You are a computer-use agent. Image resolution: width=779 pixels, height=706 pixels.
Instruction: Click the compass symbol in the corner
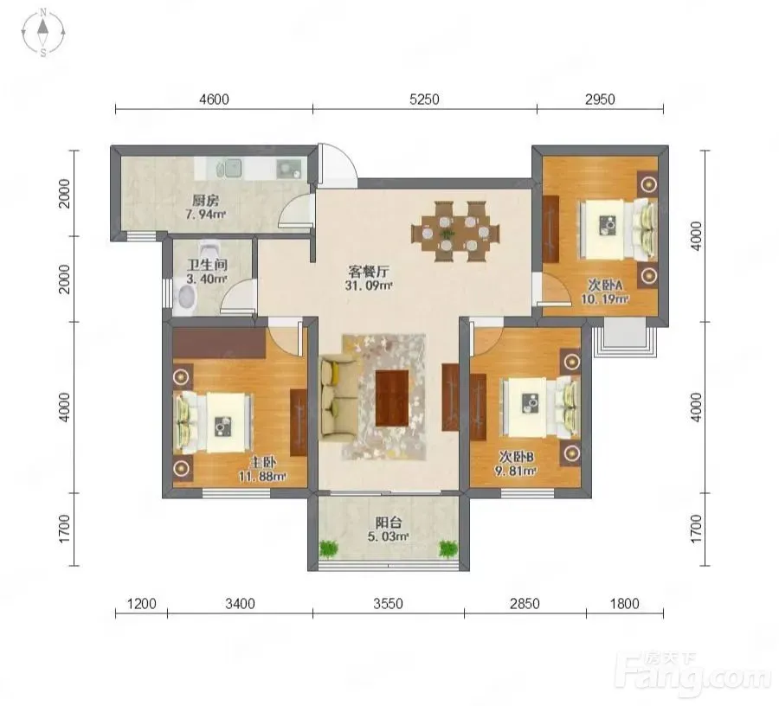click(x=43, y=32)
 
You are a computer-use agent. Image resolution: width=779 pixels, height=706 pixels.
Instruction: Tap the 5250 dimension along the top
click(x=424, y=99)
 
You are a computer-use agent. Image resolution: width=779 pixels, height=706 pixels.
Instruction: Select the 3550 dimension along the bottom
click(x=388, y=604)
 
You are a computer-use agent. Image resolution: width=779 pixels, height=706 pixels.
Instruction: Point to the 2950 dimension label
click(x=600, y=99)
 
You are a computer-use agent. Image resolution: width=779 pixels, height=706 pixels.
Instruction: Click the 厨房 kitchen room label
click(x=206, y=201)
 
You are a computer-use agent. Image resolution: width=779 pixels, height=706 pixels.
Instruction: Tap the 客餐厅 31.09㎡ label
click(x=369, y=279)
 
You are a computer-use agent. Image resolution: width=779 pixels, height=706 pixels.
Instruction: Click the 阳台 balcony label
click(x=389, y=523)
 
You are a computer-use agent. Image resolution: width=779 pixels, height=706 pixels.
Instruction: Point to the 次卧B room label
click(x=516, y=456)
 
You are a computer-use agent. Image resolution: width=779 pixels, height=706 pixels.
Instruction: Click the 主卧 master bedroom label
click(x=262, y=462)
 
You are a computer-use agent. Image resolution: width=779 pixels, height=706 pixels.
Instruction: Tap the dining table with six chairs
click(x=455, y=231)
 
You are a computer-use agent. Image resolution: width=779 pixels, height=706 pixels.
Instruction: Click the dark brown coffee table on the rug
click(x=392, y=398)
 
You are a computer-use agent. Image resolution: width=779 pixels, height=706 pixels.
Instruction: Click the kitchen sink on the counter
click(x=233, y=169)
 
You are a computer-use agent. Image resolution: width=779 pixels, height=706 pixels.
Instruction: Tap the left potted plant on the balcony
click(x=328, y=549)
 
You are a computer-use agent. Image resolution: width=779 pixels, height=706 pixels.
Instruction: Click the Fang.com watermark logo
click(x=693, y=674)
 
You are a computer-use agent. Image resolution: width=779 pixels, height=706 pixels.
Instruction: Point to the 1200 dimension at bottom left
click(x=142, y=604)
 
